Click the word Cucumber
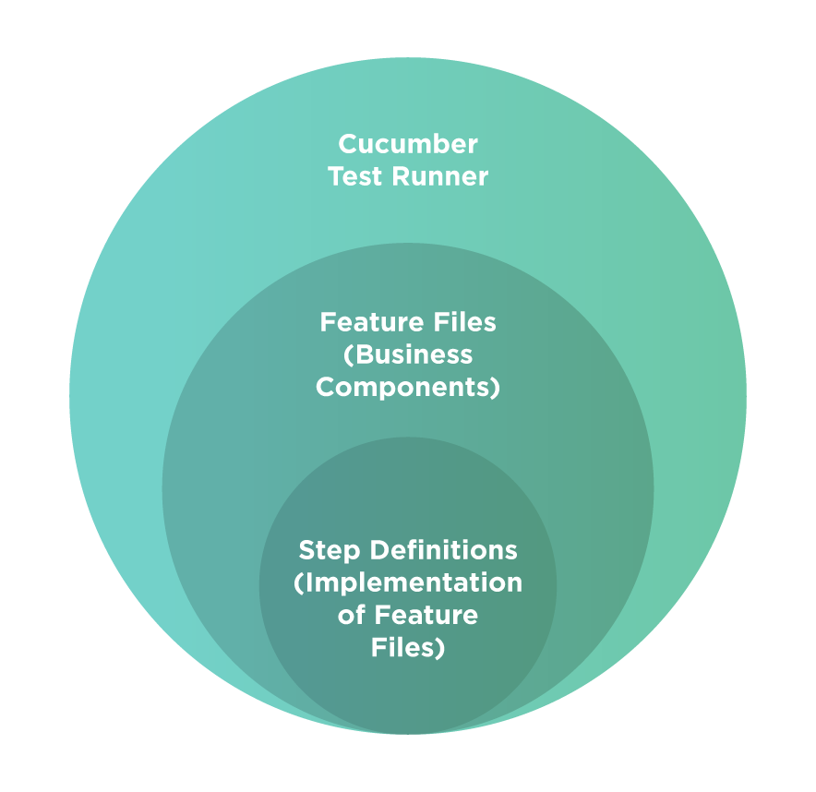click(407, 144)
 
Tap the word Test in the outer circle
click(355, 176)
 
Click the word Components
click(402, 387)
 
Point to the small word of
click(354, 615)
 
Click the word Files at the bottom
click(403, 647)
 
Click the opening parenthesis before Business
click(347, 355)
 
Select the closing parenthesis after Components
click(496, 388)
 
